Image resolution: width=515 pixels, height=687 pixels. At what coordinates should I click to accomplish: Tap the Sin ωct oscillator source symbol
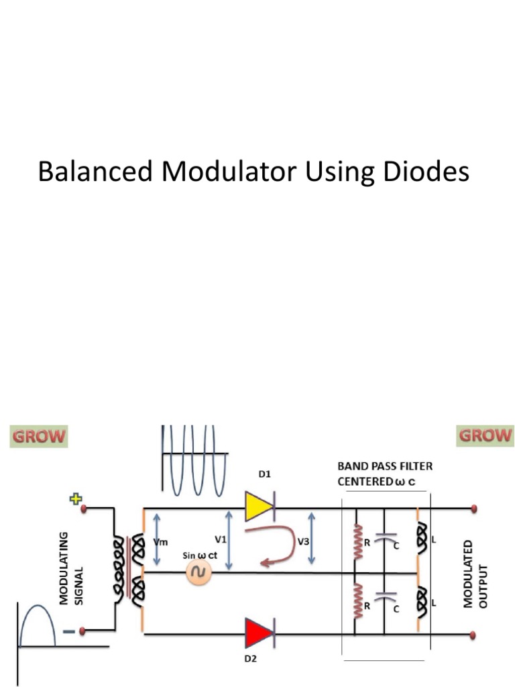coord(198,572)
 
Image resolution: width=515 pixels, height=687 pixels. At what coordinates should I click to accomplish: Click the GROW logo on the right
coord(485,435)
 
